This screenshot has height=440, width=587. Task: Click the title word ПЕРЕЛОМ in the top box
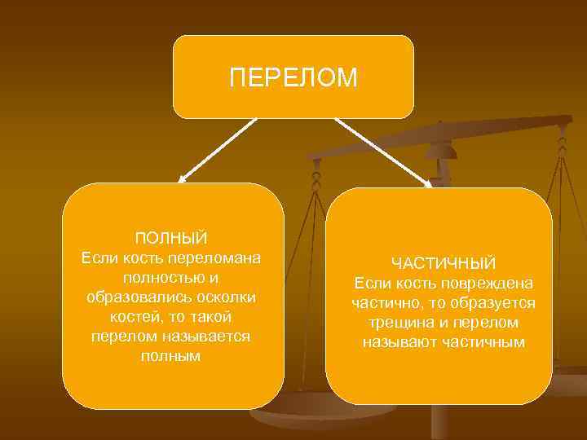[293, 77]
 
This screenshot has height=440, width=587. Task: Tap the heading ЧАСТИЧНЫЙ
[444, 263]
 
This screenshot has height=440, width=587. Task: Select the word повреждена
[488, 283]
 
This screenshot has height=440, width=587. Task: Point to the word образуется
[497, 302]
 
